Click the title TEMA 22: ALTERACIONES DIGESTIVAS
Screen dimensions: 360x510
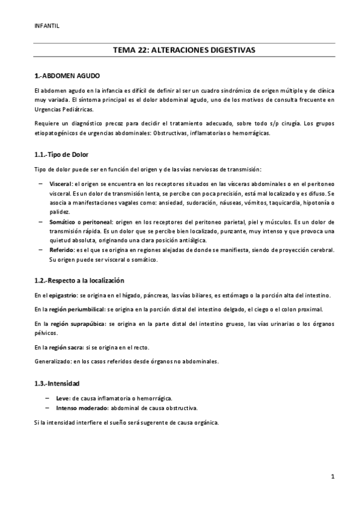[180, 52]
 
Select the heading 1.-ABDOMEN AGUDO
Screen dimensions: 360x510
[67, 76]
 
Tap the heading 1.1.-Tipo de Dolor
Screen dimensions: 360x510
[63, 154]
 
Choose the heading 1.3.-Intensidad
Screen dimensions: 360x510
[58, 382]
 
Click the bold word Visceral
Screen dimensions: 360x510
[61, 182]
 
